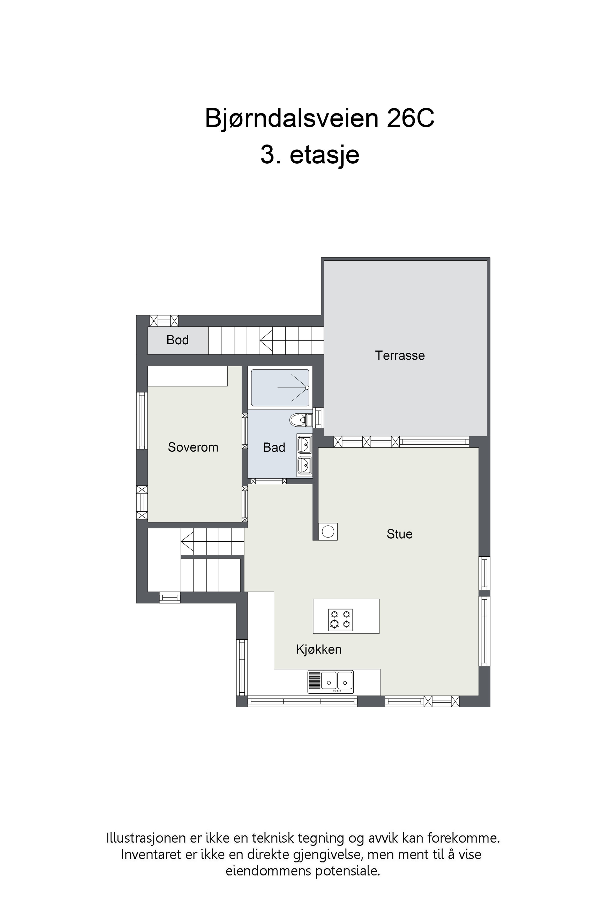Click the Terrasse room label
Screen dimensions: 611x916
(400, 355)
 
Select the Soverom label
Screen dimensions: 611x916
(193, 447)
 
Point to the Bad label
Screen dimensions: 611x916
(274, 448)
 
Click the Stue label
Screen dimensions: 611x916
(399, 534)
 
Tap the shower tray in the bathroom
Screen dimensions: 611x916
(280, 388)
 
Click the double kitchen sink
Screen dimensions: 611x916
(330, 682)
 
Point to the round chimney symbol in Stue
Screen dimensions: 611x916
(328, 532)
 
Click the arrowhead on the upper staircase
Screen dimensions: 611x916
(266, 340)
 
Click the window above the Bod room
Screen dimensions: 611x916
(164, 321)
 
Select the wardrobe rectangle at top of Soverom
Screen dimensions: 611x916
(188, 376)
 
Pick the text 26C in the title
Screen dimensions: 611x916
(410, 118)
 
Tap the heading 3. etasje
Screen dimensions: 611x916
(310, 155)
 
